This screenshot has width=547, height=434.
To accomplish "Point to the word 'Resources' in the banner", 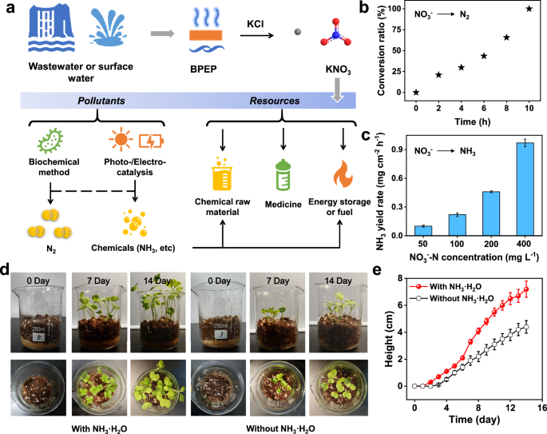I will coord(273,102).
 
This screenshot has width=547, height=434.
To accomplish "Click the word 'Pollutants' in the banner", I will coord(101,102).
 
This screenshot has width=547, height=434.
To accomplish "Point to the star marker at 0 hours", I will coord(417,92).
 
